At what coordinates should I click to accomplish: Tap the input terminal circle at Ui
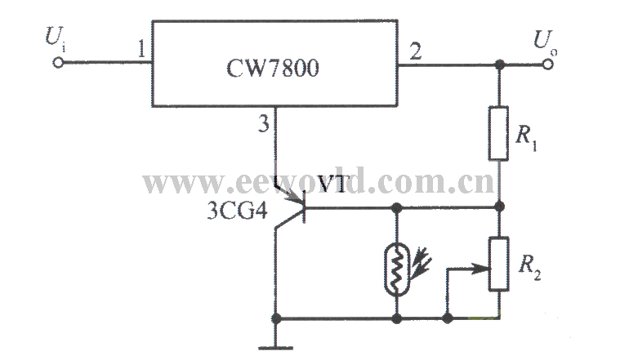click(58, 62)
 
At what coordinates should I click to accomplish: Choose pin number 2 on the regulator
click(415, 52)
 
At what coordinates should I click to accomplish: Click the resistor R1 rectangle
click(499, 131)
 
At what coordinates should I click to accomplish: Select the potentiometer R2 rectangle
click(499, 264)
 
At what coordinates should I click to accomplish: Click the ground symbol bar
click(279, 347)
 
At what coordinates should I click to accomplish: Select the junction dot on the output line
click(499, 63)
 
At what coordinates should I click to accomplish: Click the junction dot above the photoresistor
click(397, 207)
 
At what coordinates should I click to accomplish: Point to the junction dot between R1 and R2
click(499, 207)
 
